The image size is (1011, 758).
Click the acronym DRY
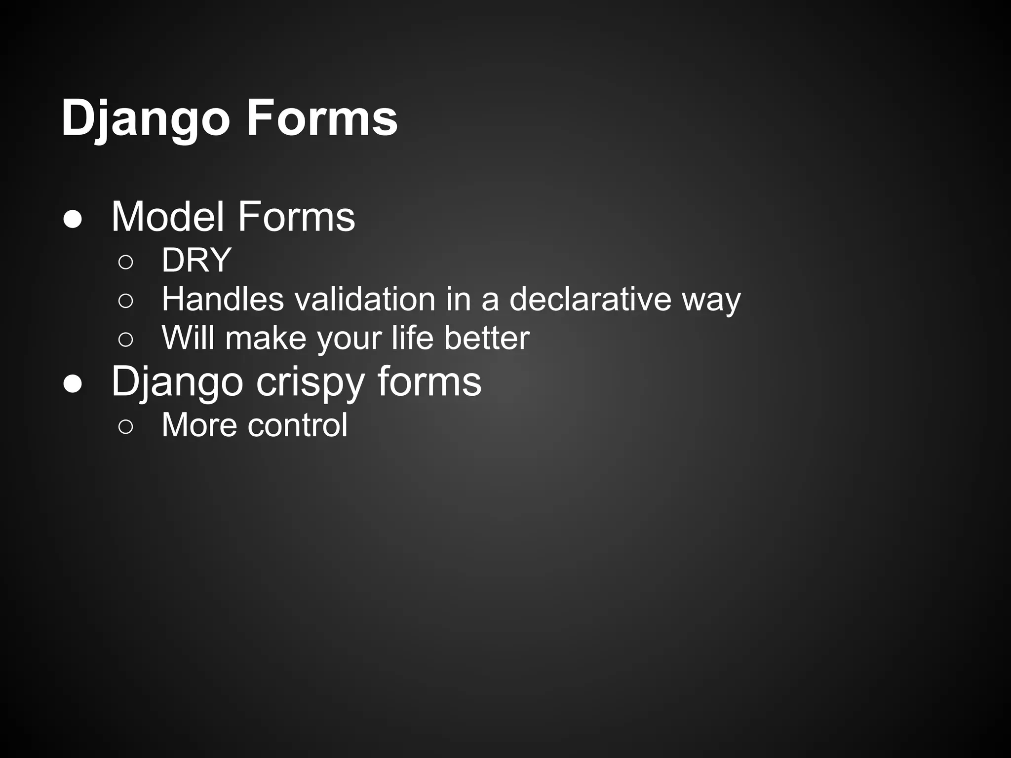[196, 260]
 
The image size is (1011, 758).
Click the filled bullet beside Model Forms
[73, 220]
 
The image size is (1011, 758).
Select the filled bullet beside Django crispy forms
[73, 384]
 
